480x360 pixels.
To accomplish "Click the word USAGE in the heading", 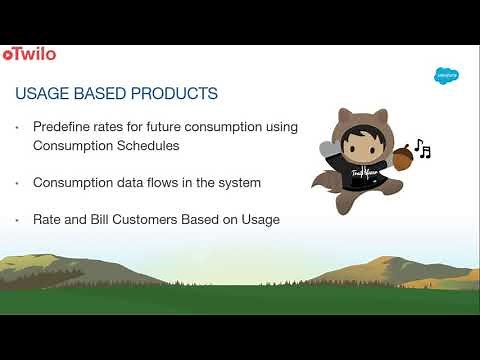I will [x=43, y=94].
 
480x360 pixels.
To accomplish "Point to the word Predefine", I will [x=64, y=129].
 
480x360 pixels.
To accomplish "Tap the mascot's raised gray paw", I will [x=327, y=147].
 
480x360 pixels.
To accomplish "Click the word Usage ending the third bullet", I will [x=259, y=219].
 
